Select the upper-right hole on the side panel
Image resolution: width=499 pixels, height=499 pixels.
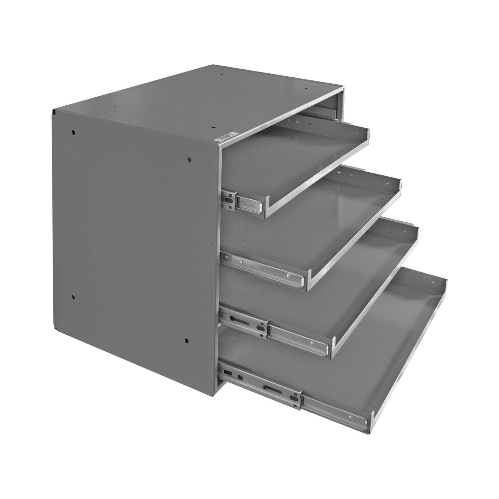pyautogui.click(x=189, y=160)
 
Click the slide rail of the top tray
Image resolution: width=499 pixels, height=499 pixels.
pyautogui.click(x=241, y=203)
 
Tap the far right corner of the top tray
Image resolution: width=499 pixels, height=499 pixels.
pyautogui.click(x=368, y=131)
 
